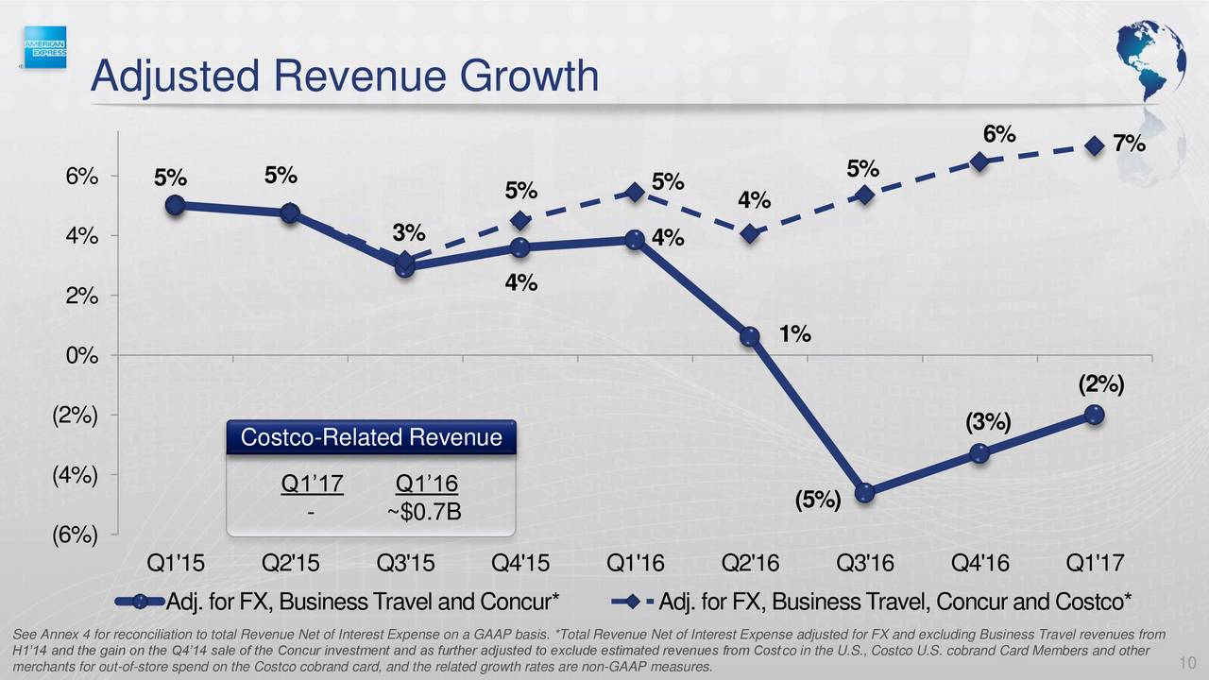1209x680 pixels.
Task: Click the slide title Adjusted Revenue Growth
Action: (344, 76)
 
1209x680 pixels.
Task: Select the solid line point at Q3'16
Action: (864, 493)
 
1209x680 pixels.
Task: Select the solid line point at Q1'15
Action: (175, 205)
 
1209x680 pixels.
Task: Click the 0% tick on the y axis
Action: (81, 355)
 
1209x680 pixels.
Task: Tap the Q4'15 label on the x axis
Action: (519, 565)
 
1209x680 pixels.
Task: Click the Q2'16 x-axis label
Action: (750, 565)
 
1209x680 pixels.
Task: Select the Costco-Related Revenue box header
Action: (371, 438)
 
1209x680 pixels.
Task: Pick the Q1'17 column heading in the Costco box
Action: (312, 484)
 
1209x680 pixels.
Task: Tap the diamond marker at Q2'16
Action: (750, 233)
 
